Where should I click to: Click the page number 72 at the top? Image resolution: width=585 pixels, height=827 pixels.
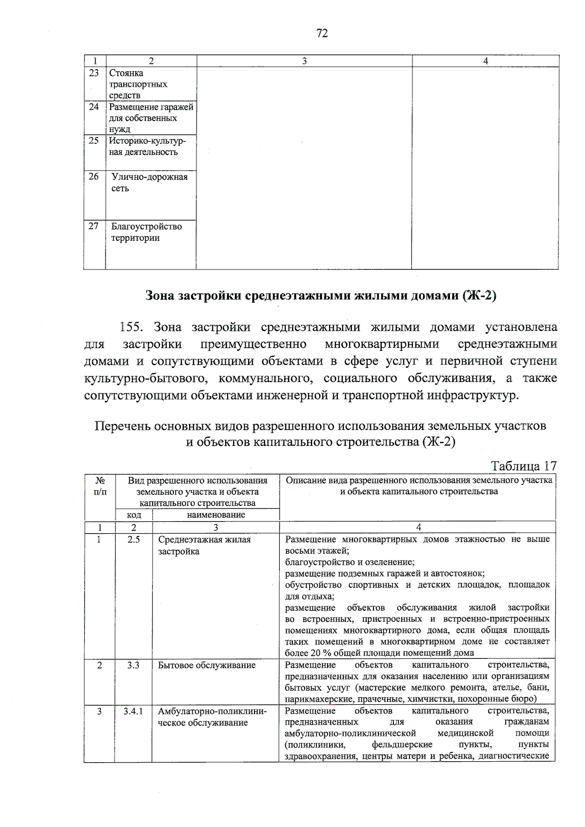pos(322,33)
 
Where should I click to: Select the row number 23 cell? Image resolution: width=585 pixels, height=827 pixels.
pos(94,73)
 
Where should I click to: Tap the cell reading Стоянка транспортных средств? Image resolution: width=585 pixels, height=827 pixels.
pos(138,84)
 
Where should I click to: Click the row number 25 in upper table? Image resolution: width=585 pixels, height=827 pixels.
pos(94,141)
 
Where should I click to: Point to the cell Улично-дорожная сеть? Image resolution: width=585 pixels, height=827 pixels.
pos(150,183)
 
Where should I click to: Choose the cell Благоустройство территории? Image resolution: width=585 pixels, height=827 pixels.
pos(146,232)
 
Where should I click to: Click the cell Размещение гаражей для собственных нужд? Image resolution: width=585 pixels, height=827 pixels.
pos(151,118)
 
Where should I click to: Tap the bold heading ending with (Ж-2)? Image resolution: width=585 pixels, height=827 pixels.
pos(321,296)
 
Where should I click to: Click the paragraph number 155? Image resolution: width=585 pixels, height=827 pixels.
pos(133,327)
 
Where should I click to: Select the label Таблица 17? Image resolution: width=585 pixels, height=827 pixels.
pos(524,465)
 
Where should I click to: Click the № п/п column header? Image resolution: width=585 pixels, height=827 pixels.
pos(99,486)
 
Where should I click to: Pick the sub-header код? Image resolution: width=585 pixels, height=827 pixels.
pos(134,515)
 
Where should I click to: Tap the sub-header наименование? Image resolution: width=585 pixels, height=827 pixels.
pos(216,515)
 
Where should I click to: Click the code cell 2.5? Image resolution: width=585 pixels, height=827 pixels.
pos(134,540)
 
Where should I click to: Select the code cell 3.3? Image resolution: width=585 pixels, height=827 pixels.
pos(134,665)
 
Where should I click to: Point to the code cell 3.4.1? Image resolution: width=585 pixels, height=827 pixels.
pos(133,712)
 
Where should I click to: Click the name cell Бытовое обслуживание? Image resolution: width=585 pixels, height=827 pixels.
pos(207,665)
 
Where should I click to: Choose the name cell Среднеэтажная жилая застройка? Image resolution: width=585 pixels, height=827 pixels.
pos(205,546)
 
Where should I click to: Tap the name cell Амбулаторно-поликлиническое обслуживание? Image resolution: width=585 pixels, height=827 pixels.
pos(212,717)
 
